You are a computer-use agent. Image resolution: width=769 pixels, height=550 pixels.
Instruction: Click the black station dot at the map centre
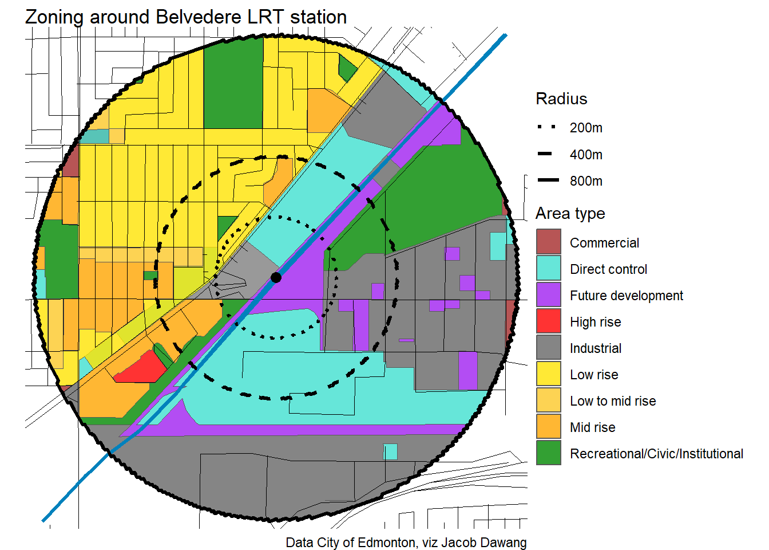[x=276, y=277]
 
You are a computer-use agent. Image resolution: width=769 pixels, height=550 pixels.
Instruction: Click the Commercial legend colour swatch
[x=548, y=242]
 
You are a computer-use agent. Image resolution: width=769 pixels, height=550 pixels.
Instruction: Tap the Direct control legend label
[x=608, y=269]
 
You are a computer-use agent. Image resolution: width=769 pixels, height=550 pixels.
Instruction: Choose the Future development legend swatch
[x=548, y=294]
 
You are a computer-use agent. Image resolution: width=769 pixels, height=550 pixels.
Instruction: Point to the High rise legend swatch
[x=548, y=321]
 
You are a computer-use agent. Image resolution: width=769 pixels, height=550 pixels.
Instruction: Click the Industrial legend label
[x=595, y=348]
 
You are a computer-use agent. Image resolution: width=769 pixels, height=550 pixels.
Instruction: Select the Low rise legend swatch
[x=548, y=374]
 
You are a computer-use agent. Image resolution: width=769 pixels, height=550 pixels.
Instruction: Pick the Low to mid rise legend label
[x=612, y=401]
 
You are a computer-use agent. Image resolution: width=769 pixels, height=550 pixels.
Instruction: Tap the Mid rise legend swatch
[x=548, y=426]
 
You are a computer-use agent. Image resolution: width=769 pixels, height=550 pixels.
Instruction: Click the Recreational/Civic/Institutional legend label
[x=656, y=454]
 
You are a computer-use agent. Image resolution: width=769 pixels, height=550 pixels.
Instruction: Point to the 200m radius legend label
[x=585, y=128]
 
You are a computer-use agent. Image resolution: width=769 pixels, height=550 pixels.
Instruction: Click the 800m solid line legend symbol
[x=548, y=180]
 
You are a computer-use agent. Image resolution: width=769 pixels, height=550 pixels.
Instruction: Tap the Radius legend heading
[x=561, y=99]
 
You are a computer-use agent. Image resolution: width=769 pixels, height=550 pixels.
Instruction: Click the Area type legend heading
[x=570, y=214]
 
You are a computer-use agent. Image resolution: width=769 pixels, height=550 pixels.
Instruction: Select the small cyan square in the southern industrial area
[x=390, y=451]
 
